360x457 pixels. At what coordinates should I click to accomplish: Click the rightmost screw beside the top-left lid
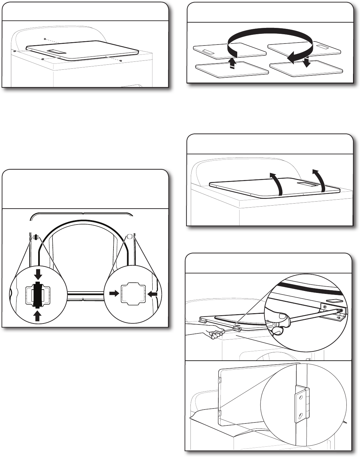121,61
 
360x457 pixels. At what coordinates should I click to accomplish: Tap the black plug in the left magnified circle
38,293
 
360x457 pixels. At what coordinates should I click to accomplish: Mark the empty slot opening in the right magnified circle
133,294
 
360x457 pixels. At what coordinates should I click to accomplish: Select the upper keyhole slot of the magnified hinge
300,397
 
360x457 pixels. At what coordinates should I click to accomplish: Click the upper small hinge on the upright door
220,381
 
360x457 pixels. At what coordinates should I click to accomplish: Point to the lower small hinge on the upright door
220,413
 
